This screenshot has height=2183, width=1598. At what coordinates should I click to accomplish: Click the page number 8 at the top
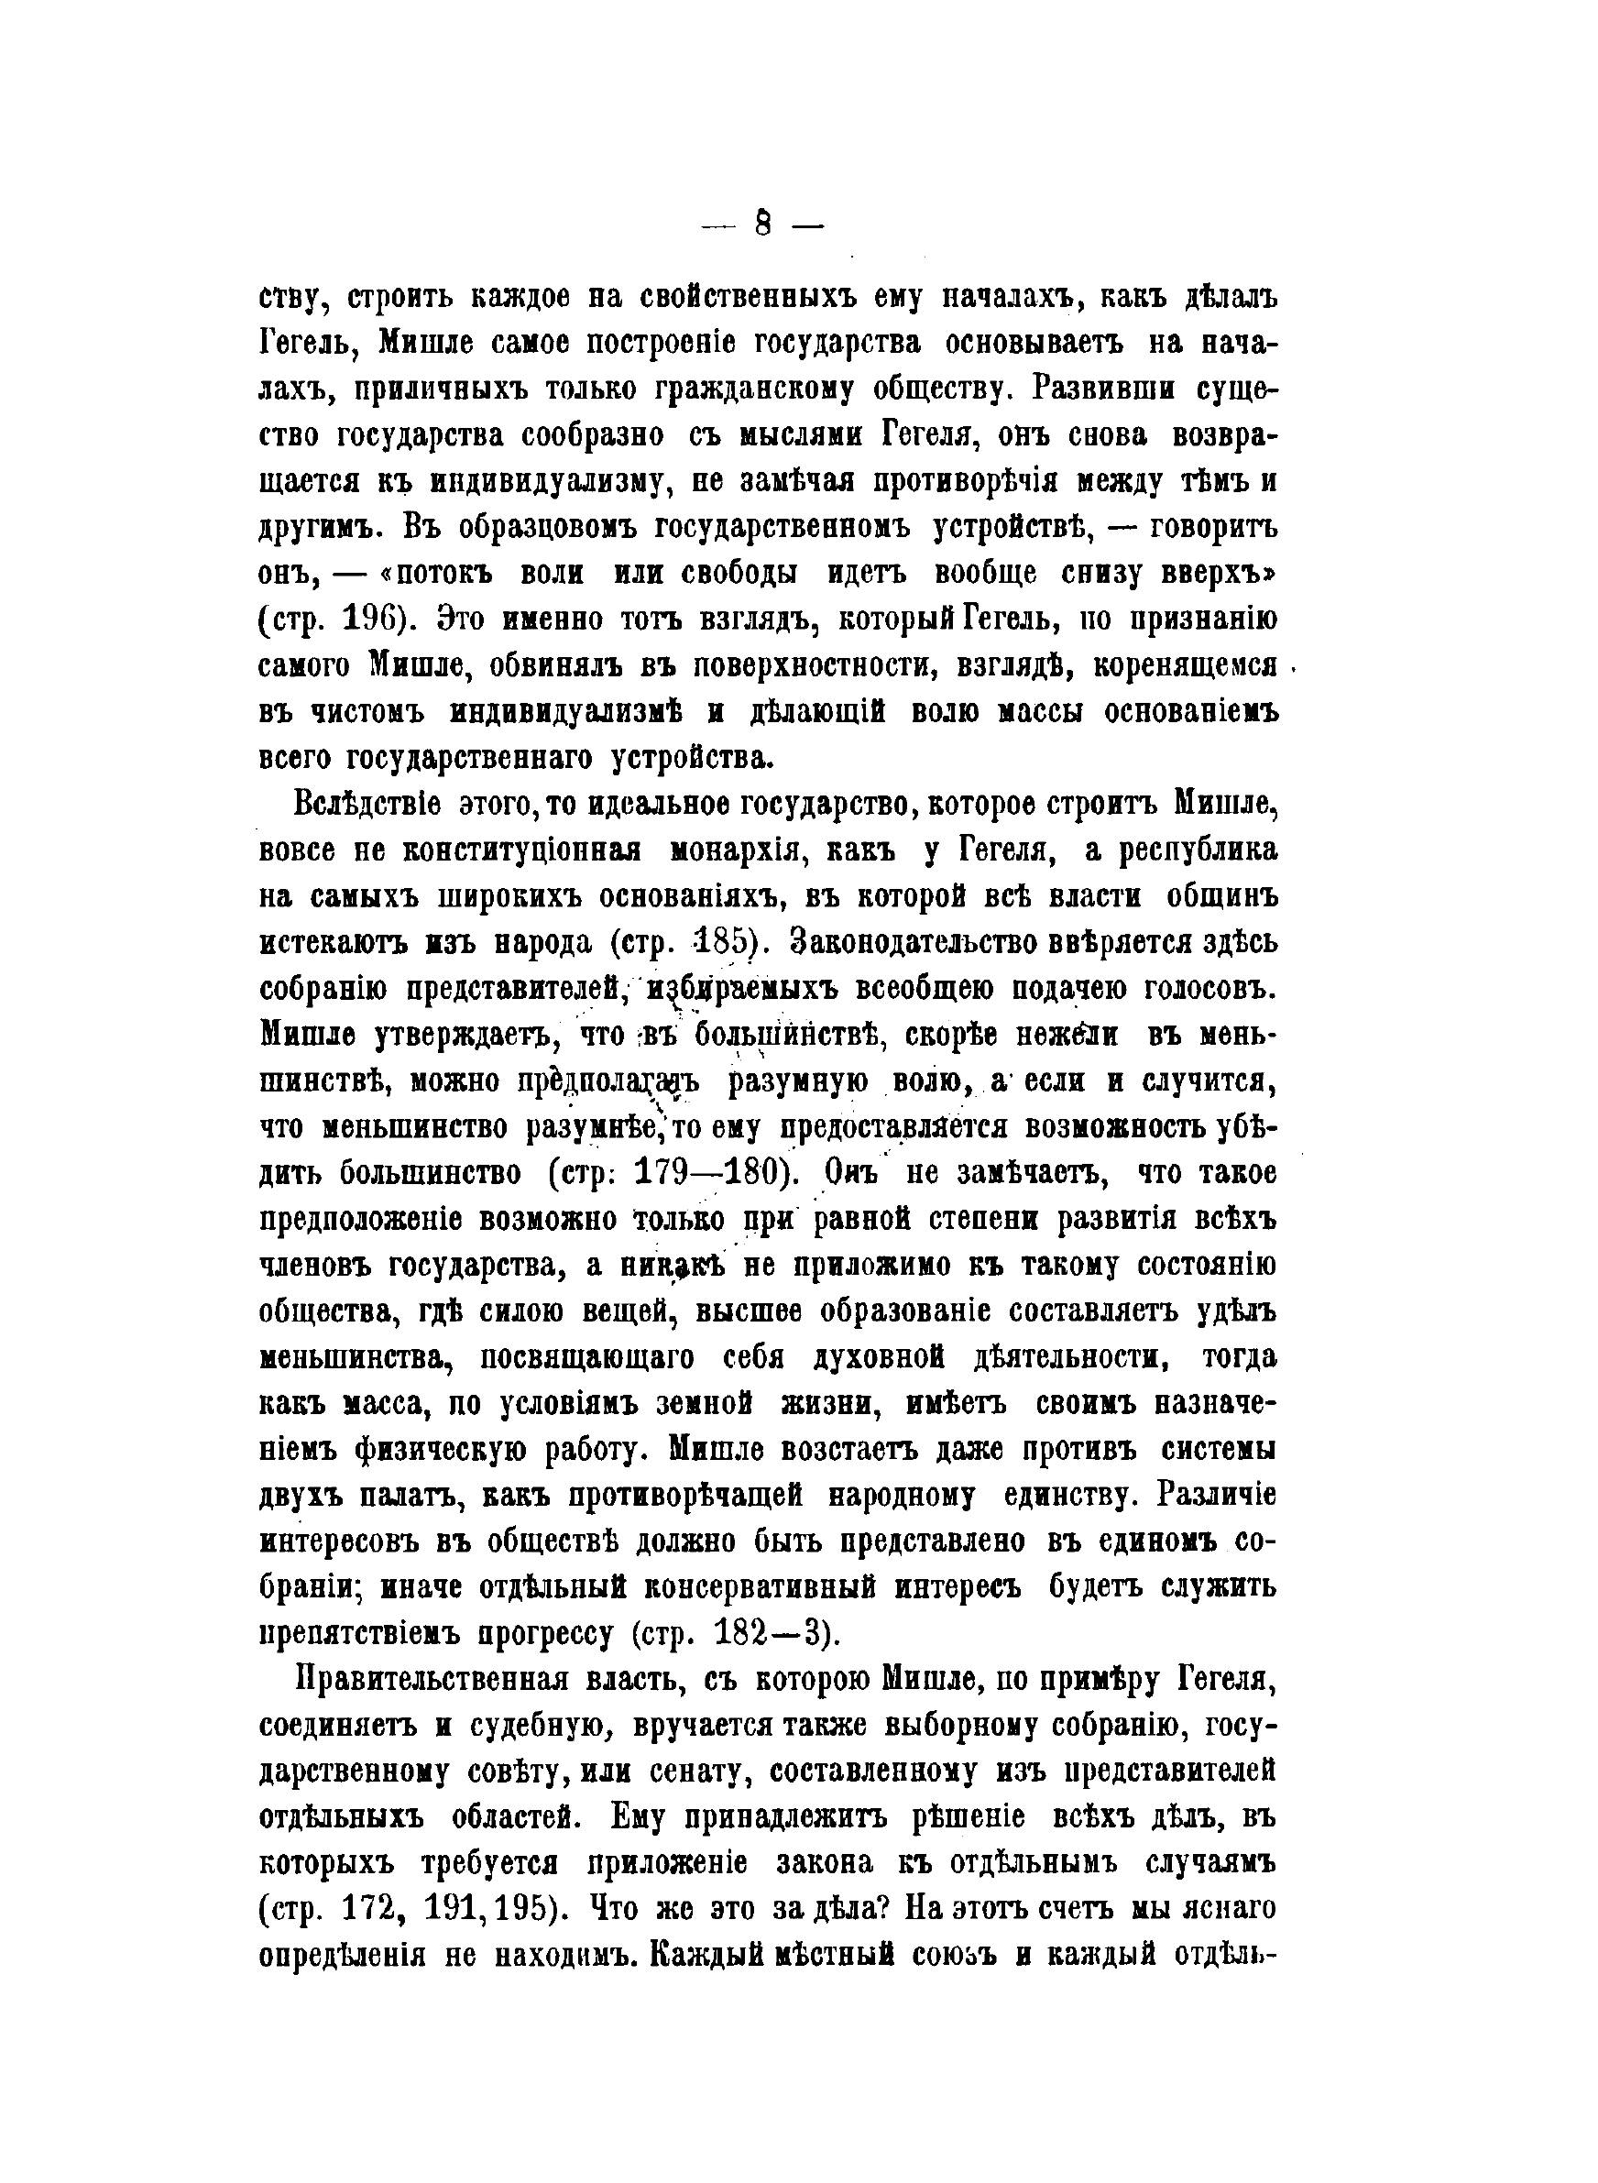pyautogui.click(x=762, y=225)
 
